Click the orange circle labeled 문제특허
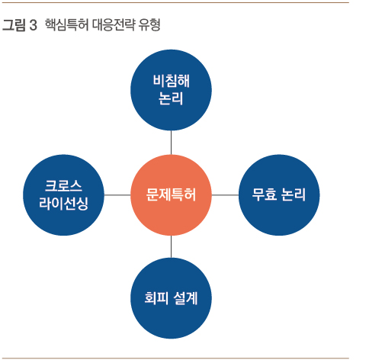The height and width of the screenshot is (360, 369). (171, 195)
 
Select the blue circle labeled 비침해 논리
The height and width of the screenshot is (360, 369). (171, 90)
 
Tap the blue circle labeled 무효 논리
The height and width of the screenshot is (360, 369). (279, 195)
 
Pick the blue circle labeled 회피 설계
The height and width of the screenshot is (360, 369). (171, 298)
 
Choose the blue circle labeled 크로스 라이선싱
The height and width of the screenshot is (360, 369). (63, 195)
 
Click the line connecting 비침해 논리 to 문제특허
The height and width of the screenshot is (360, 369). (171, 143)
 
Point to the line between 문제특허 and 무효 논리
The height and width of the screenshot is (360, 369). (225, 195)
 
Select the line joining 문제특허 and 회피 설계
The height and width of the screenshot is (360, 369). (171, 246)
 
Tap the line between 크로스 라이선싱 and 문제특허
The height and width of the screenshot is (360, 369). (117, 195)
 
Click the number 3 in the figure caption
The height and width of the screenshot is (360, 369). (33, 25)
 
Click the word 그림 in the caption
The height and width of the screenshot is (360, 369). (14, 25)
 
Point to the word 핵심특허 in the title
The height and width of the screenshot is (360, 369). (67, 25)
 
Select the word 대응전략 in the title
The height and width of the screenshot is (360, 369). (114, 25)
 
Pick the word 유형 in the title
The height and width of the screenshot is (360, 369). (149, 25)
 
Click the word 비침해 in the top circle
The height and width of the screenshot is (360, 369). (172, 81)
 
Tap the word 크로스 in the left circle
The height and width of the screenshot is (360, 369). (63, 186)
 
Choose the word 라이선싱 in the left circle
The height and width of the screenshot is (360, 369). (63, 204)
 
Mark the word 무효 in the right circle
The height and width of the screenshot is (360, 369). (264, 194)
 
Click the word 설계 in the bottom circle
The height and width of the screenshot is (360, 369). (186, 298)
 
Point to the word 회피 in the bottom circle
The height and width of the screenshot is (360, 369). (156, 298)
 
